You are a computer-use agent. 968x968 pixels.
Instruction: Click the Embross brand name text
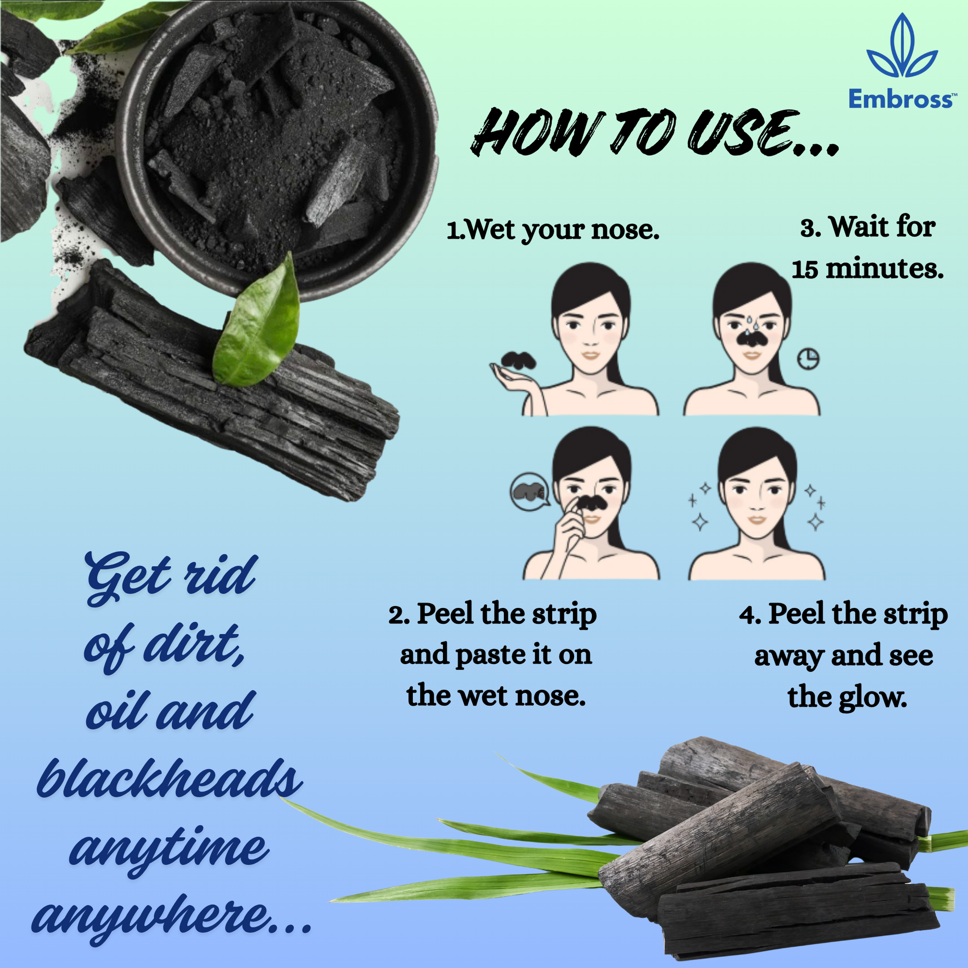pyautogui.click(x=900, y=98)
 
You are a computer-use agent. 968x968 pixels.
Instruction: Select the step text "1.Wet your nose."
pyautogui.click(x=553, y=230)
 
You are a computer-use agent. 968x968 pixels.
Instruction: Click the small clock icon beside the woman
pyautogui.click(x=808, y=359)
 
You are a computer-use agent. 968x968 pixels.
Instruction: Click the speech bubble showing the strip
pyautogui.click(x=530, y=491)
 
